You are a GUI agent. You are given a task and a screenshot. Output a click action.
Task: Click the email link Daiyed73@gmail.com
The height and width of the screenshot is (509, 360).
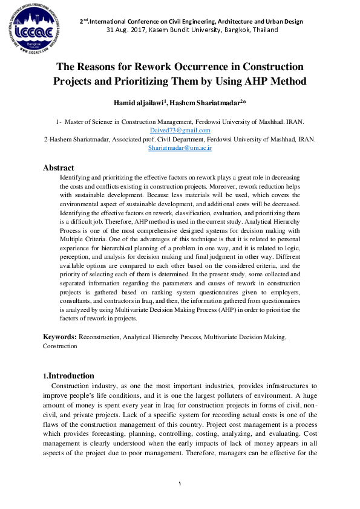point(180,131)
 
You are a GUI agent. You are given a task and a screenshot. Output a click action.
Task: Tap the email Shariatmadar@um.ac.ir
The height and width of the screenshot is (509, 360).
point(180,148)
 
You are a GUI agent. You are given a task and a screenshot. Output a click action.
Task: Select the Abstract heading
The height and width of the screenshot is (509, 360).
point(59,167)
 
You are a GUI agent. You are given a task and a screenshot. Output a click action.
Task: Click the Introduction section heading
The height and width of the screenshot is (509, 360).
point(71,375)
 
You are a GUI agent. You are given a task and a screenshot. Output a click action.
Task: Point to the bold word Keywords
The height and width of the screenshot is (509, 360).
point(59,336)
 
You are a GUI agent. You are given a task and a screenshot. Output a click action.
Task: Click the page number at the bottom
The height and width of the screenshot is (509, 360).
point(180,483)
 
